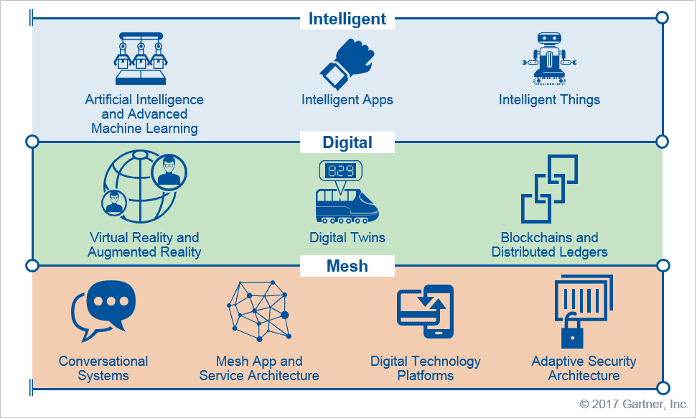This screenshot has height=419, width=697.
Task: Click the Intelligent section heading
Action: (347, 19)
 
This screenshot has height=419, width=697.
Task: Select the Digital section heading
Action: (347, 142)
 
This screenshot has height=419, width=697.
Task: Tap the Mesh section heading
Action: (347, 266)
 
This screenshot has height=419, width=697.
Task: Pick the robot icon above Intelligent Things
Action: (549, 59)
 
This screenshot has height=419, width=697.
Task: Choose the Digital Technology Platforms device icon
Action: (426, 311)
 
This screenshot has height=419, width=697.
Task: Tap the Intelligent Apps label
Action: (347, 100)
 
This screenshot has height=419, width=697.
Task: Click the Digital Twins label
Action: (347, 238)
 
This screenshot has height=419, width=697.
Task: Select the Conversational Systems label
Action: (103, 368)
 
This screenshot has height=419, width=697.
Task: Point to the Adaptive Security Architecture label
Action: (584, 368)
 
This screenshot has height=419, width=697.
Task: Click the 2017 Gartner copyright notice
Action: (634, 405)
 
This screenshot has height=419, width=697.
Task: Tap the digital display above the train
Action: (340, 171)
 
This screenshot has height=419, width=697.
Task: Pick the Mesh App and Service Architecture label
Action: (259, 368)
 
